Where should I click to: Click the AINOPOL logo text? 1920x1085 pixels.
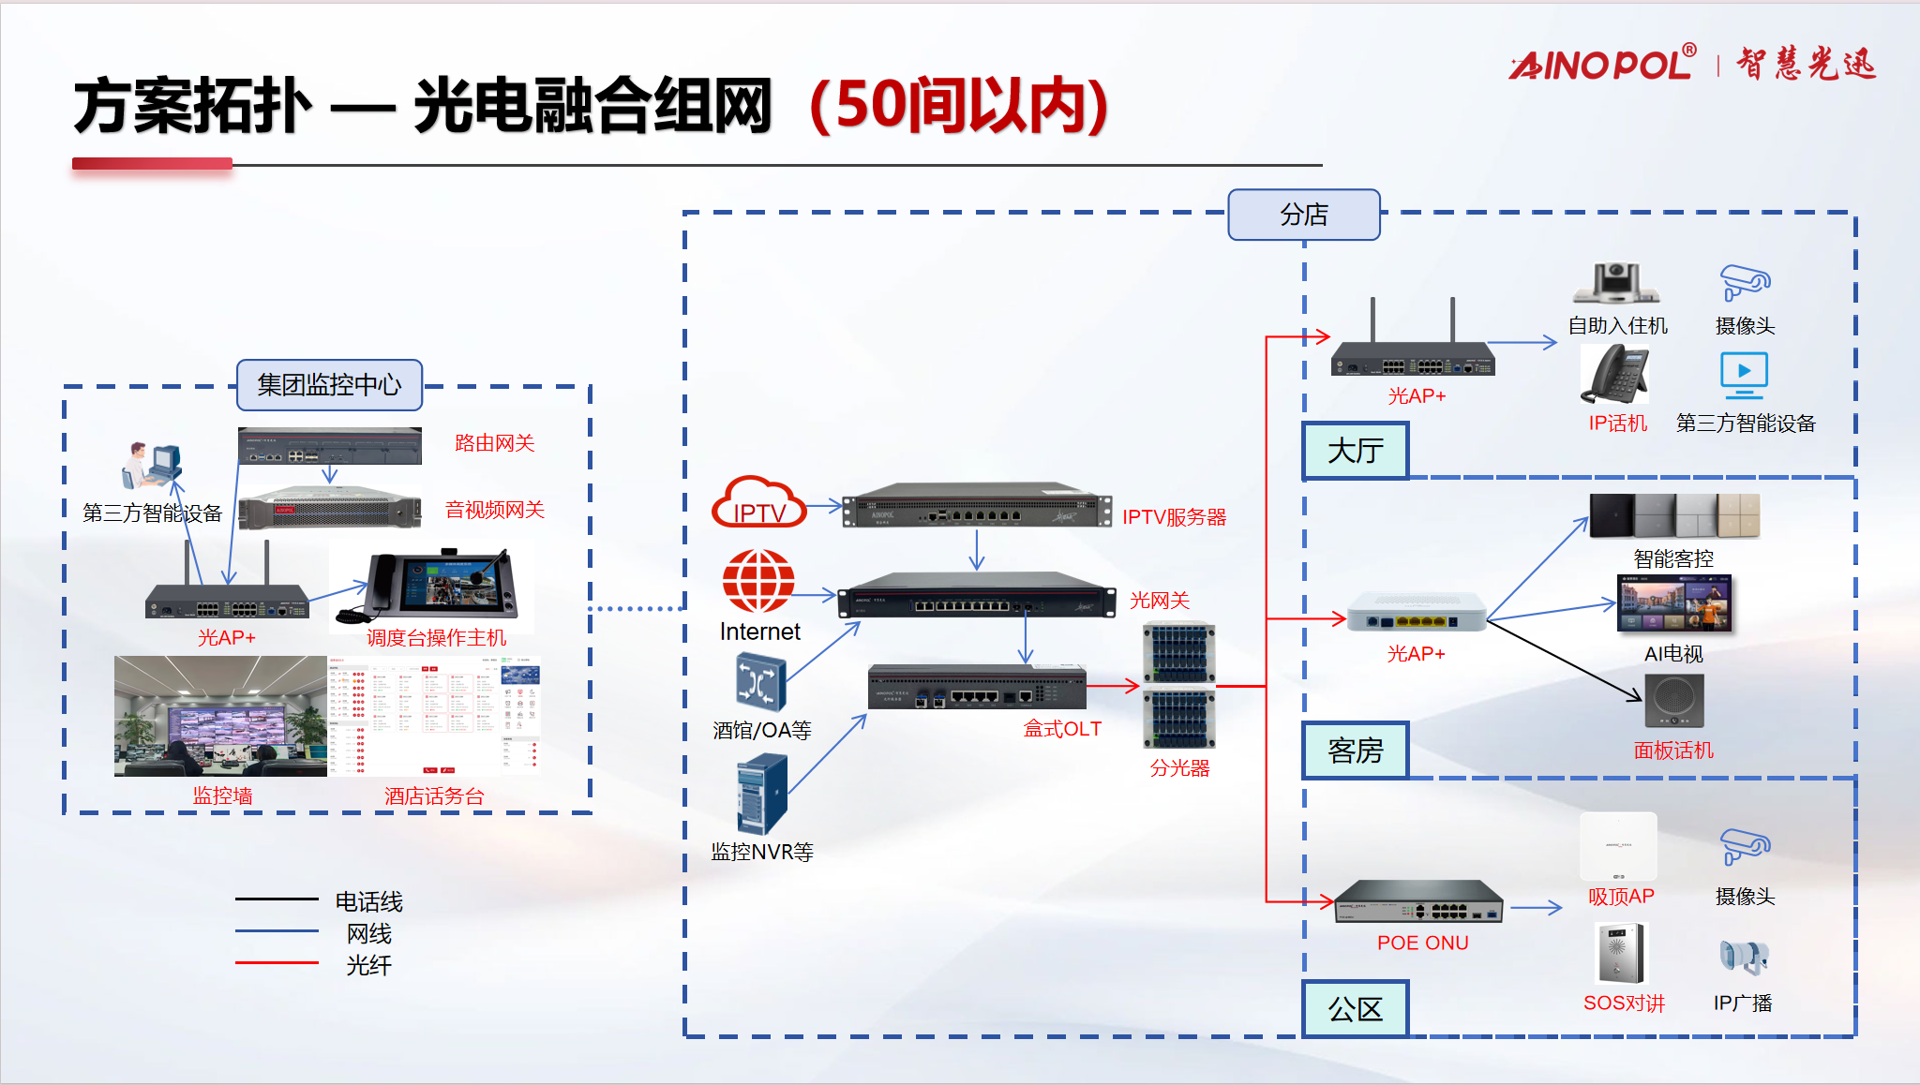pos(1602,64)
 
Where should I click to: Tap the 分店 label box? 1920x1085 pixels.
pos(1303,215)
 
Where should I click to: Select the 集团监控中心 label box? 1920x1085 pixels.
pos(329,385)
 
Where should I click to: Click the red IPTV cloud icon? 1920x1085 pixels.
pos(758,503)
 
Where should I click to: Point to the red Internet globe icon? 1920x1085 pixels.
pos(758,581)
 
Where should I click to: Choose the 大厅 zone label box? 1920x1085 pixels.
pos(1356,451)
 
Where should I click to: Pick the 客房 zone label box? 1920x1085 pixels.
pos(1356,751)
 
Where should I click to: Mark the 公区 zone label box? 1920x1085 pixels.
pos(1356,1009)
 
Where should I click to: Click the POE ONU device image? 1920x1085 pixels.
pos(1418,902)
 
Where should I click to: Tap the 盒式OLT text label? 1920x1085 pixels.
pos(1062,729)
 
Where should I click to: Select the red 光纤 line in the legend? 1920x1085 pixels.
pos(277,962)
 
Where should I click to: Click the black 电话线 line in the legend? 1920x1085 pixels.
pos(277,899)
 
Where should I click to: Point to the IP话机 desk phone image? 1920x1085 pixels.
pos(1615,374)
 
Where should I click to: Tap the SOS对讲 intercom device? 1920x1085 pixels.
pos(1621,952)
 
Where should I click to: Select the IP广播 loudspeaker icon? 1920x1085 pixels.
pos(1744,957)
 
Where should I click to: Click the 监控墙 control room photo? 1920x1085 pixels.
pos(220,717)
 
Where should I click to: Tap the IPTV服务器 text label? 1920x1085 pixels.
pos(1174,517)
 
